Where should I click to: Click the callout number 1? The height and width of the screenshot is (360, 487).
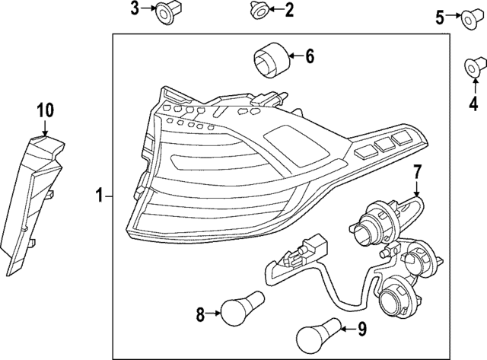(x=100, y=196)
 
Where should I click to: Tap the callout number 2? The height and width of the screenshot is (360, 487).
(x=288, y=10)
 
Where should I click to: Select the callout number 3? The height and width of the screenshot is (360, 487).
(x=135, y=9)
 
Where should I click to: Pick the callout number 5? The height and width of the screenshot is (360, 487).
(x=440, y=15)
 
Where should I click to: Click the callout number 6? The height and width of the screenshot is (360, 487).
(x=310, y=56)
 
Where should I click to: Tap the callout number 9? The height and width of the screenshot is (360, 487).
(x=362, y=330)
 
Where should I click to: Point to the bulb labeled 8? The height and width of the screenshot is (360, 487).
(x=242, y=307)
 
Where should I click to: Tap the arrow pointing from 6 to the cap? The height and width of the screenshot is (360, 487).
(x=294, y=56)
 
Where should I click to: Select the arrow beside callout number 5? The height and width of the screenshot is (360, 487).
(x=454, y=16)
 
